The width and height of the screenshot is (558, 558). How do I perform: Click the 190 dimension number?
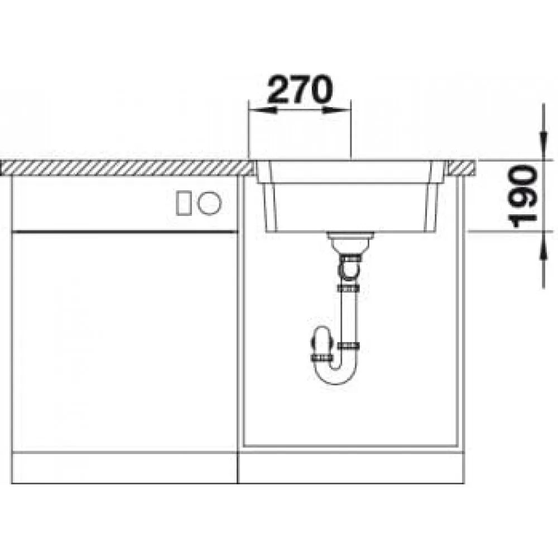coord(523,195)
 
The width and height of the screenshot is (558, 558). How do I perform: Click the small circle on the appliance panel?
coord(210,203)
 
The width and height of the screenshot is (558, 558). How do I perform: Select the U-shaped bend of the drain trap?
coord(336,374)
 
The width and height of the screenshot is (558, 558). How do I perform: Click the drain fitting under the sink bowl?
coord(350,242)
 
